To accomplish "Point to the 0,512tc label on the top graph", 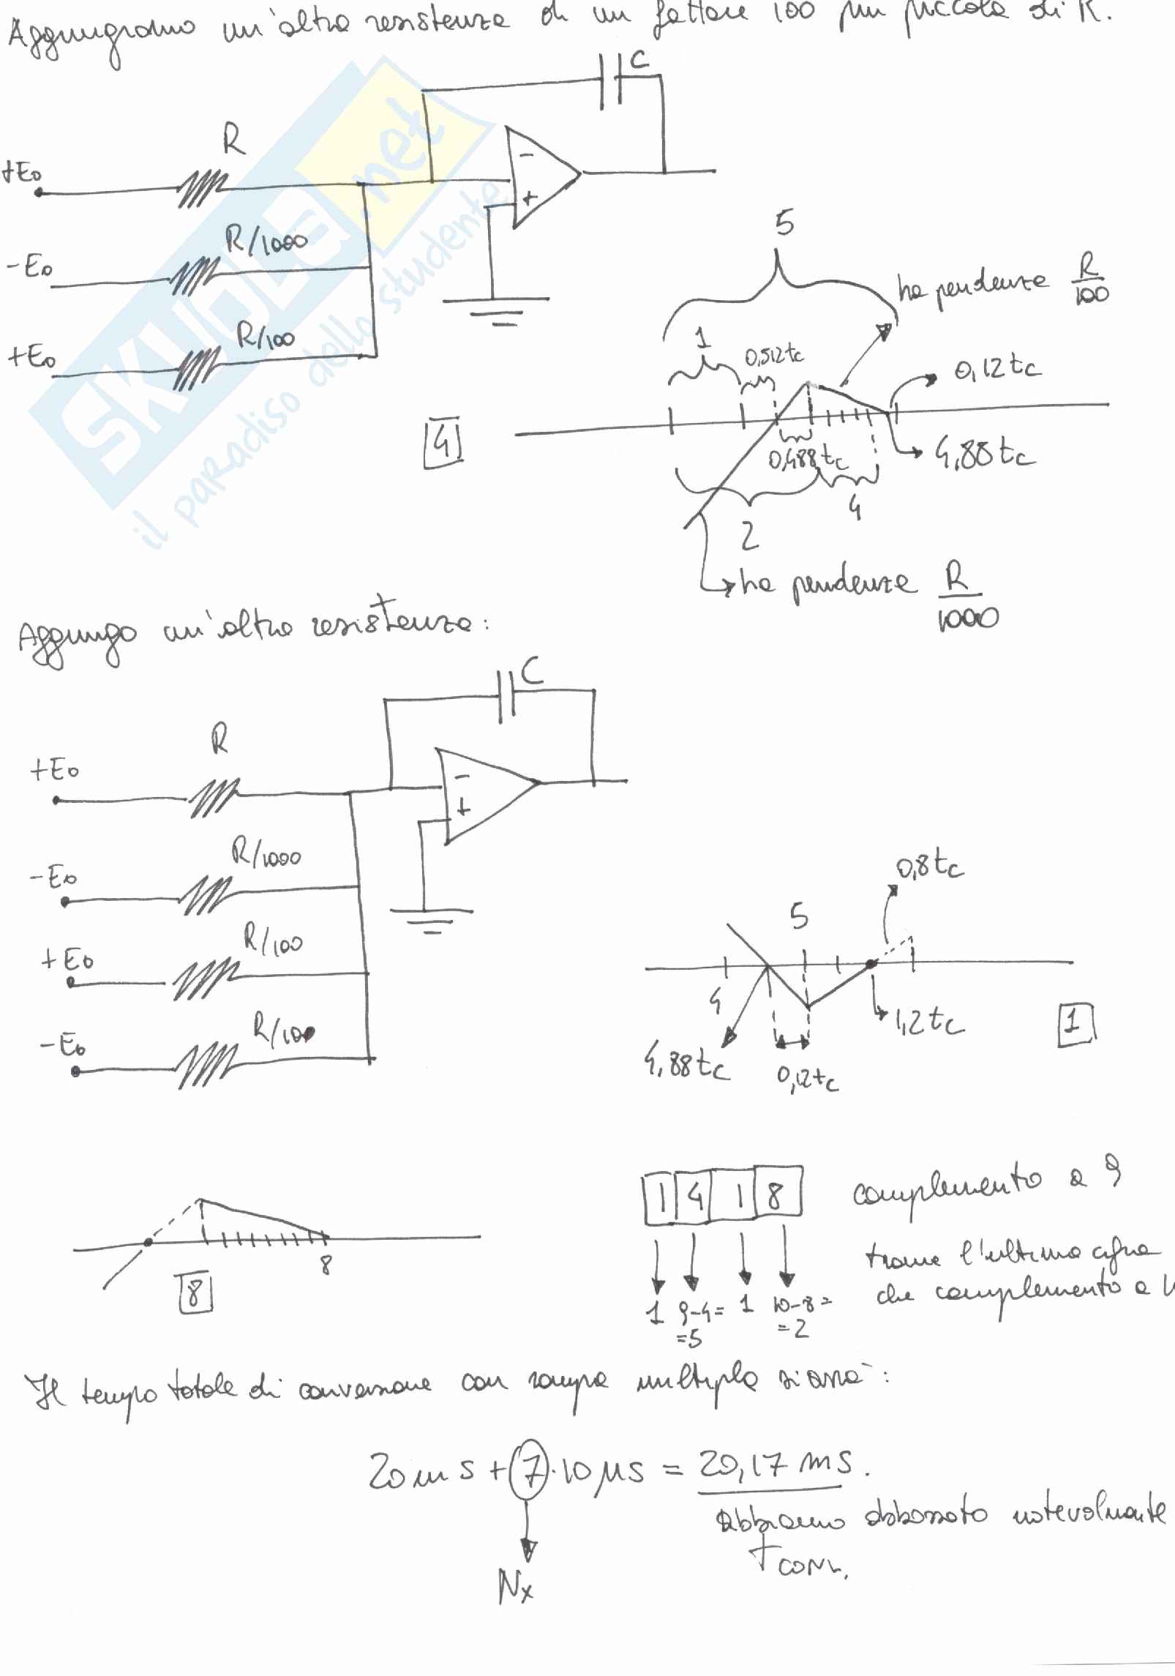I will tap(774, 356).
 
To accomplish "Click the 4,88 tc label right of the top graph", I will tap(984, 456).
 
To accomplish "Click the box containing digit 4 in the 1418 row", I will tap(694, 1199).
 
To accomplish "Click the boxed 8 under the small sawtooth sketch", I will tap(194, 1294).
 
